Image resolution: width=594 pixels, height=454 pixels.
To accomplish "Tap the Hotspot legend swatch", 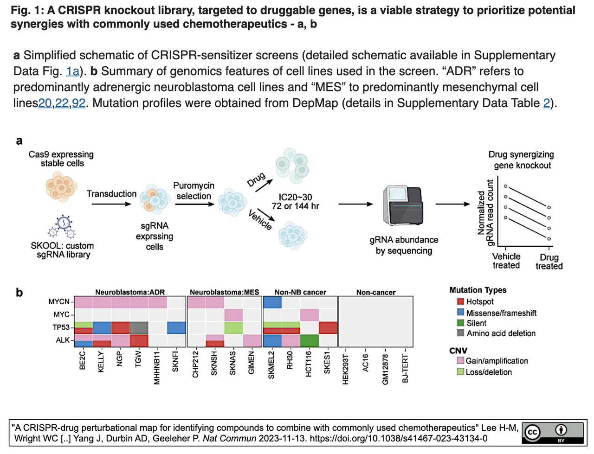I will [461, 301].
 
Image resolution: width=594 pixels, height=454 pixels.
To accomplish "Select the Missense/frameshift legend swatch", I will [461, 313].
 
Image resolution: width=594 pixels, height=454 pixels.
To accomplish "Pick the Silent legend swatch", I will [461, 323].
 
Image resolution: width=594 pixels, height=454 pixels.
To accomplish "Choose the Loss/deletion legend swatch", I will [460, 371].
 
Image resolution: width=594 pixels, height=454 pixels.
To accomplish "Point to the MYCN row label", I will [59, 302].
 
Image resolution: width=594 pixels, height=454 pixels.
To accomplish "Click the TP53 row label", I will [61, 327].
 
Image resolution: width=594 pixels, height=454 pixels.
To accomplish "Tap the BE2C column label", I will [83, 360].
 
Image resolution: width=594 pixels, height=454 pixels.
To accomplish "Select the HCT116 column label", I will [309, 363].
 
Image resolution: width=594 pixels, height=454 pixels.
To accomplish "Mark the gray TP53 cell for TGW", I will [139, 327].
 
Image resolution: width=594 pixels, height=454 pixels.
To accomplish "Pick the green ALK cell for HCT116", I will [310, 340].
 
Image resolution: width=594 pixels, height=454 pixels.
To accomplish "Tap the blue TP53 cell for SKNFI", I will [176, 327].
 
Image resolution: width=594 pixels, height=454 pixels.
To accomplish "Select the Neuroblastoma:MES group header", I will [224, 292].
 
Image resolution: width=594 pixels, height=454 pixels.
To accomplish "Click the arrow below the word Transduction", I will [111, 204].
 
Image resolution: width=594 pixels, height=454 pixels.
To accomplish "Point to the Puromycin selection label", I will [194, 191].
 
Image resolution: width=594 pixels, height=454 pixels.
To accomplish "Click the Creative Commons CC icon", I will [532, 432].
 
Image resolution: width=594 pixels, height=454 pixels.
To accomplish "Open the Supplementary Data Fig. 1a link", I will [72, 71].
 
